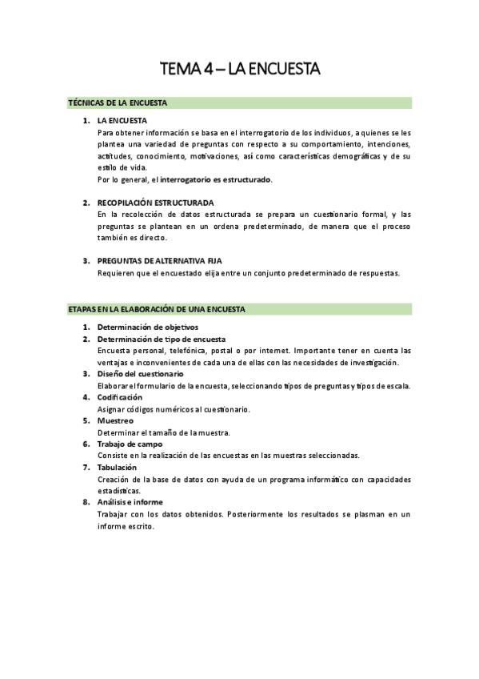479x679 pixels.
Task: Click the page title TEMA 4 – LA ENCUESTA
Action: (240, 70)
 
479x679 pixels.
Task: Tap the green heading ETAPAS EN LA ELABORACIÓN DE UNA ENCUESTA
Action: (157, 308)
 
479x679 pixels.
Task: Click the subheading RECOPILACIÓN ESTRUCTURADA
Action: (155, 203)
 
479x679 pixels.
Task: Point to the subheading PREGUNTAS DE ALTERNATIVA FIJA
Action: (159, 261)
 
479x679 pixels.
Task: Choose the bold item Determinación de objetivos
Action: (147, 327)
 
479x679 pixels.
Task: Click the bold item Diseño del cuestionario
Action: (140, 373)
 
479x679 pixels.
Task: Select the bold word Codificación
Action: (120, 397)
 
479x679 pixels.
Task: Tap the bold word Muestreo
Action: (115, 420)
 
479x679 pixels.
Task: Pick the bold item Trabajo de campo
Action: (130, 444)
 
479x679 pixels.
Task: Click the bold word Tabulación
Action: (117, 467)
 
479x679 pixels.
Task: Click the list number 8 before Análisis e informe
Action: (86, 502)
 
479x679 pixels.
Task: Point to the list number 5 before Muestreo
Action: (86, 420)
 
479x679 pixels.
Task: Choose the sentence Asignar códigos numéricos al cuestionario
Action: (174, 409)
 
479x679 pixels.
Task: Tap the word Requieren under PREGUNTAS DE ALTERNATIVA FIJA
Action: (116, 272)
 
